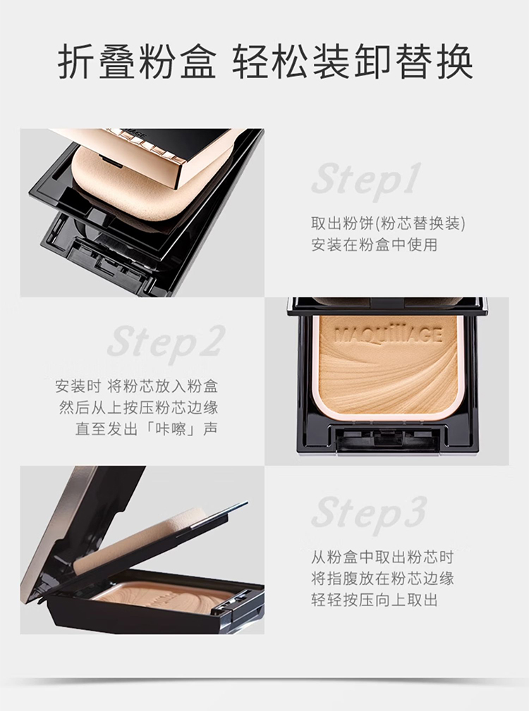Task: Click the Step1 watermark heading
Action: [365, 181]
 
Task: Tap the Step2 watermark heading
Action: [166, 343]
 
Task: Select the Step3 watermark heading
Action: [369, 513]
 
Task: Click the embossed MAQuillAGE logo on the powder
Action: [388, 335]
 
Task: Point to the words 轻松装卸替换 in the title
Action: [353, 62]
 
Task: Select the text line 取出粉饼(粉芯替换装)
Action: [389, 223]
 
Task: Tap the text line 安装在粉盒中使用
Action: [375, 245]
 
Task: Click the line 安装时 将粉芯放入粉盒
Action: [137, 386]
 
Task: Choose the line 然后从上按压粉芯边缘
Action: [139, 408]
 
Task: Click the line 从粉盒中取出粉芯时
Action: [382, 557]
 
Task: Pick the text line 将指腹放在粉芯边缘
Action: [382, 579]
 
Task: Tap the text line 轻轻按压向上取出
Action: [375, 600]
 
